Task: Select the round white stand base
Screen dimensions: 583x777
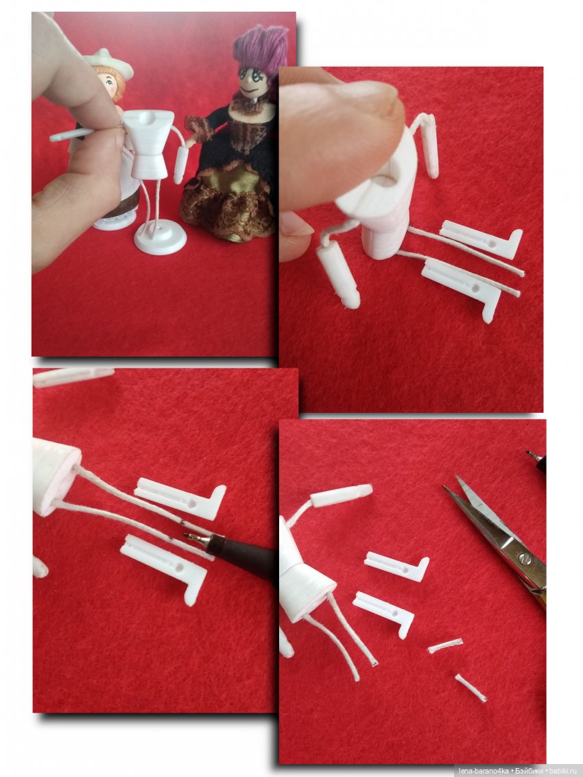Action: [x=160, y=239]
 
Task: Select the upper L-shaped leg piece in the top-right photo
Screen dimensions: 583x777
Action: [x=480, y=239]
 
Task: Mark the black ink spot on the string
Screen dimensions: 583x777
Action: [x=182, y=523]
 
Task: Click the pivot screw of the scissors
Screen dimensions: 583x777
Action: [x=525, y=560]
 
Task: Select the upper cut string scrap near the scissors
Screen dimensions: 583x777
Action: [x=445, y=646]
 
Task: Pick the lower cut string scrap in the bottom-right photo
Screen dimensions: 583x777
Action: [x=471, y=688]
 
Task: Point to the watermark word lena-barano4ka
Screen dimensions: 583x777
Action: [x=484, y=771]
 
